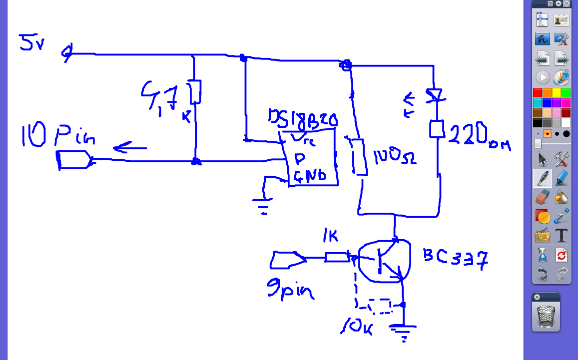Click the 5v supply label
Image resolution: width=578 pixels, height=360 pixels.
pyautogui.click(x=31, y=42)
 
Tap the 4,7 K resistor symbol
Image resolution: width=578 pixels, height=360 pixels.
pyautogui.click(x=195, y=91)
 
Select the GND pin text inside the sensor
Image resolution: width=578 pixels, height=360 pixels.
pyautogui.click(x=309, y=176)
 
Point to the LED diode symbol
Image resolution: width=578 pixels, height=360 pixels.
pyautogui.click(x=434, y=95)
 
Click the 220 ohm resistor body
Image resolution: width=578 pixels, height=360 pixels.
pyautogui.click(x=437, y=129)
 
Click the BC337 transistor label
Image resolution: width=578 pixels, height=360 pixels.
pyautogui.click(x=455, y=258)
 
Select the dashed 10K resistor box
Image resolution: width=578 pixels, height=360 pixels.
pyautogui.click(x=379, y=306)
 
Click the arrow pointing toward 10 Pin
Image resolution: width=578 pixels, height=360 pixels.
pyautogui.click(x=129, y=148)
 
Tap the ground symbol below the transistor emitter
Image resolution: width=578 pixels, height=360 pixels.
pyautogui.click(x=403, y=331)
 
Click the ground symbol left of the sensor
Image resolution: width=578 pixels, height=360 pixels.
pyautogui.click(x=263, y=205)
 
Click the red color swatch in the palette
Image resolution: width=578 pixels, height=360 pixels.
pyautogui.click(x=538, y=92)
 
